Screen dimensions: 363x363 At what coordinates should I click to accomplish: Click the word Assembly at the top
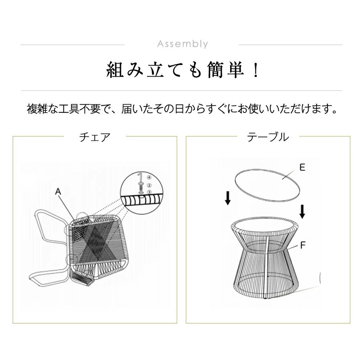183,44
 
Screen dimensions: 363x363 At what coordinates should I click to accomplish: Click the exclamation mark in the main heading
256,70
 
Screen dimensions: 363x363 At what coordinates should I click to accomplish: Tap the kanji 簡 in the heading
216,70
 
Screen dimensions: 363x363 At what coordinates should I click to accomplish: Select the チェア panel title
95,137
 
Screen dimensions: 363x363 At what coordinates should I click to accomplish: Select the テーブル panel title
268,137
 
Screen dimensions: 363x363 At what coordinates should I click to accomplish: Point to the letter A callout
58,191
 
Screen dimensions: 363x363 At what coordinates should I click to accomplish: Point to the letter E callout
302,167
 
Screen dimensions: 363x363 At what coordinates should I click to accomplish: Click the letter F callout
303,245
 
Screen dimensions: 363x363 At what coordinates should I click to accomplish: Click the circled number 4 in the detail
149,178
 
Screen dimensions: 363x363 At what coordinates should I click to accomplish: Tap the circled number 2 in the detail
149,185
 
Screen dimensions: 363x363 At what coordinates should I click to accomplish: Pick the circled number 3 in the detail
149,192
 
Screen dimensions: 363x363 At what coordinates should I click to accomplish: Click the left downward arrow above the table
228,198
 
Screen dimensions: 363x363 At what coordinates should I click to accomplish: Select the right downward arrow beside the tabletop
302,212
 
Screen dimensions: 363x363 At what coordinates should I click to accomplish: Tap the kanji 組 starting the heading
115,70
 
